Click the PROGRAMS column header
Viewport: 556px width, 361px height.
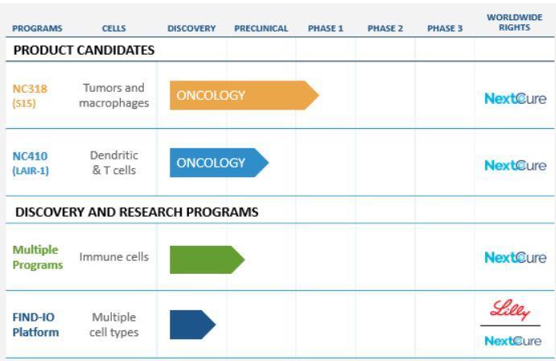[37, 28]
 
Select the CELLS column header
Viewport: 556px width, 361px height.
[113, 28]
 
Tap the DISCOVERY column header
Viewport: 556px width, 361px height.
[192, 28]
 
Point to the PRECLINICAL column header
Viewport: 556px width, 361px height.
[262, 28]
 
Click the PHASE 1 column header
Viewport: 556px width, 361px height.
[326, 28]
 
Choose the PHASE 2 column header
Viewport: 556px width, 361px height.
[385, 28]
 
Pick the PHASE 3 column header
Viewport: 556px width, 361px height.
[445, 28]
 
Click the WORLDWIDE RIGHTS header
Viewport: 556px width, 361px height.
[514, 23]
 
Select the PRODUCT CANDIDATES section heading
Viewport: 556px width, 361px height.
[84, 50]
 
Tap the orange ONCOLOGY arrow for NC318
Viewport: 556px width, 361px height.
[245, 95]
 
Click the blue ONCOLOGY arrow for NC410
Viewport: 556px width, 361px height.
[219, 163]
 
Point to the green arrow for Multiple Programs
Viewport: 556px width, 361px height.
[207, 259]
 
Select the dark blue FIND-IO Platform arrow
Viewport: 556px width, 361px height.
[192, 325]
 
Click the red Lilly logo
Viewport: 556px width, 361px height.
[510, 310]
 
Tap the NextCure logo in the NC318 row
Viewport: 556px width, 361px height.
[515, 98]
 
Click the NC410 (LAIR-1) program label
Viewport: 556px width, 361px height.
[31, 164]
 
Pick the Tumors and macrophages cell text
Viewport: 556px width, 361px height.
[113, 95]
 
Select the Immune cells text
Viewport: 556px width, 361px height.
[113, 256]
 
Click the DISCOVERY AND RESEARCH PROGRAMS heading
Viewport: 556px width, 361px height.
[137, 212]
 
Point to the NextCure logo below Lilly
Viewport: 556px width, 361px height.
[513, 341]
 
